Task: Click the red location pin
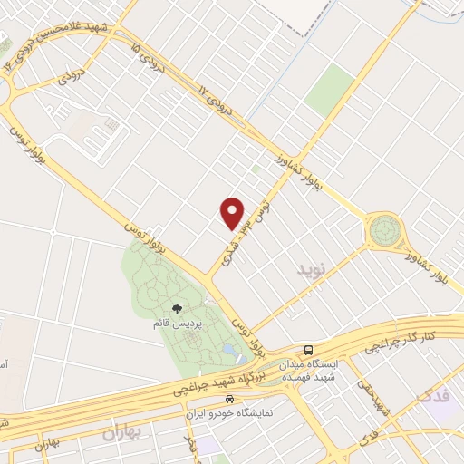[x=233, y=213]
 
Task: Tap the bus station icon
[x=309, y=351]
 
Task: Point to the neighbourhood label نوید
[x=309, y=269]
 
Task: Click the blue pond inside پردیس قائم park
[x=228, y=349]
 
